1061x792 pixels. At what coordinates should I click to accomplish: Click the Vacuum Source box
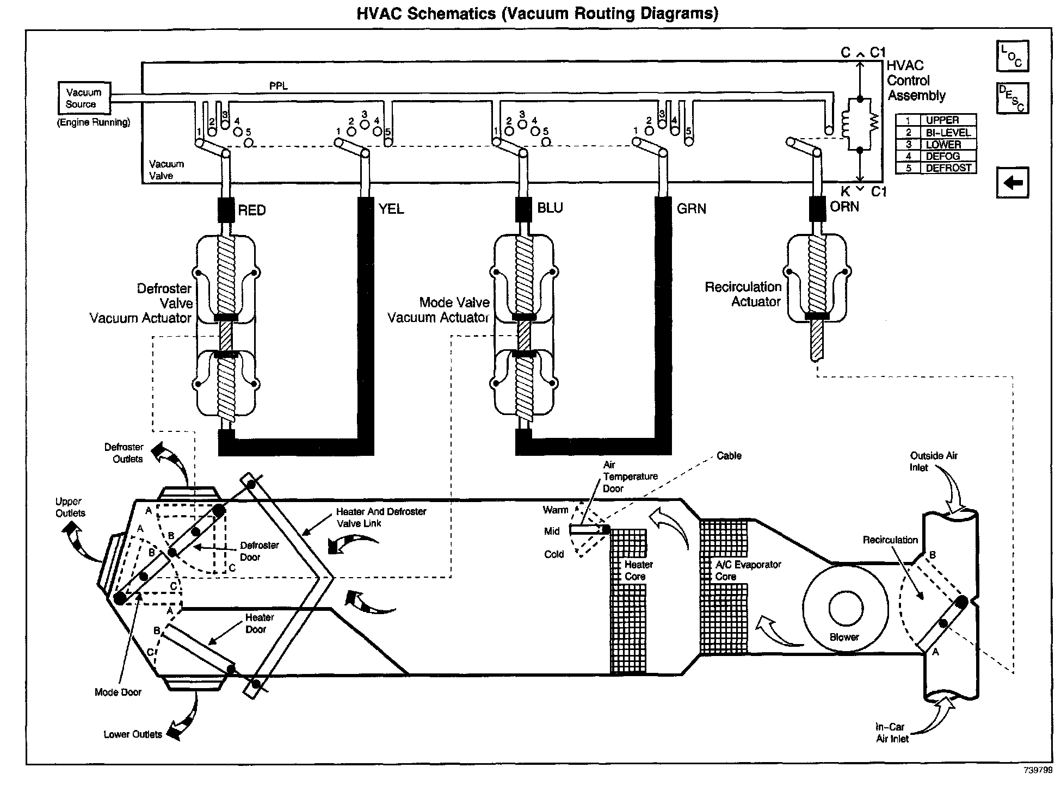[84, 98]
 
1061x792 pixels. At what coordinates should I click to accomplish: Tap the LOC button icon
[1012, 56]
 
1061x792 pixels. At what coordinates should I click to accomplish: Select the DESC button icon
[1012, 98]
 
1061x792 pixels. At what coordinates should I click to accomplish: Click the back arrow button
[1012, 183]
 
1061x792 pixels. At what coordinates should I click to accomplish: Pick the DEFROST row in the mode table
[936, 168]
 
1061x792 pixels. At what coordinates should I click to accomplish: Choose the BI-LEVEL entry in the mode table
[936, 132]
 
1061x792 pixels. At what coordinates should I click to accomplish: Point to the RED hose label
[251, 211]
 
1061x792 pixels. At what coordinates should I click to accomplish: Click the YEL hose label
[391, 209]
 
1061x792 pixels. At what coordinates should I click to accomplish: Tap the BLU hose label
[550, 208]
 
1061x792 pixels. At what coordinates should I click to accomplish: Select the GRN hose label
[692, 209]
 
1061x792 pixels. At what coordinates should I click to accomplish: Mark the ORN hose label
[844, 207]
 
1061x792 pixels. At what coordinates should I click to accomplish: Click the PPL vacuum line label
[279, 86]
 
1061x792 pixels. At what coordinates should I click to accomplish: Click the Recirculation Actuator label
[743, 294]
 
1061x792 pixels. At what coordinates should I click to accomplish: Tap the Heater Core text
[638, 571]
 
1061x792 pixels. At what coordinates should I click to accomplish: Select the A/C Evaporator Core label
[748, 571]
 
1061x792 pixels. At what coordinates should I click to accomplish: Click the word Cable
[729, 456]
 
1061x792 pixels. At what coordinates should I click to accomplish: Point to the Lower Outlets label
[133, 734]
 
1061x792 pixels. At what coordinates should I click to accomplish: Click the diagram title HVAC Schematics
[537, 13]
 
